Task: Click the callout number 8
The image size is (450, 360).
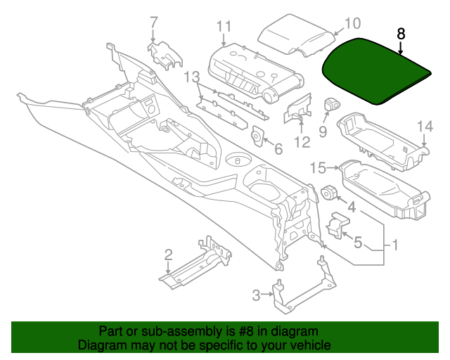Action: pos(401,33)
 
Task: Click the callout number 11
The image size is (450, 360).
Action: pos(224,27)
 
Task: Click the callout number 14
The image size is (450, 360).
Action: pos(425,126)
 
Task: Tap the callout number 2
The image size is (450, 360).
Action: pos(169,254)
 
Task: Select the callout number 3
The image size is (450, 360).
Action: pos(257,294)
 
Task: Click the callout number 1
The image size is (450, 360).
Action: pos(395,246)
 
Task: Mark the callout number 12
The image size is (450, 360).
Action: pos(302,143)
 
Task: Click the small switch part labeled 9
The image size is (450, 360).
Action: pos(330,105)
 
